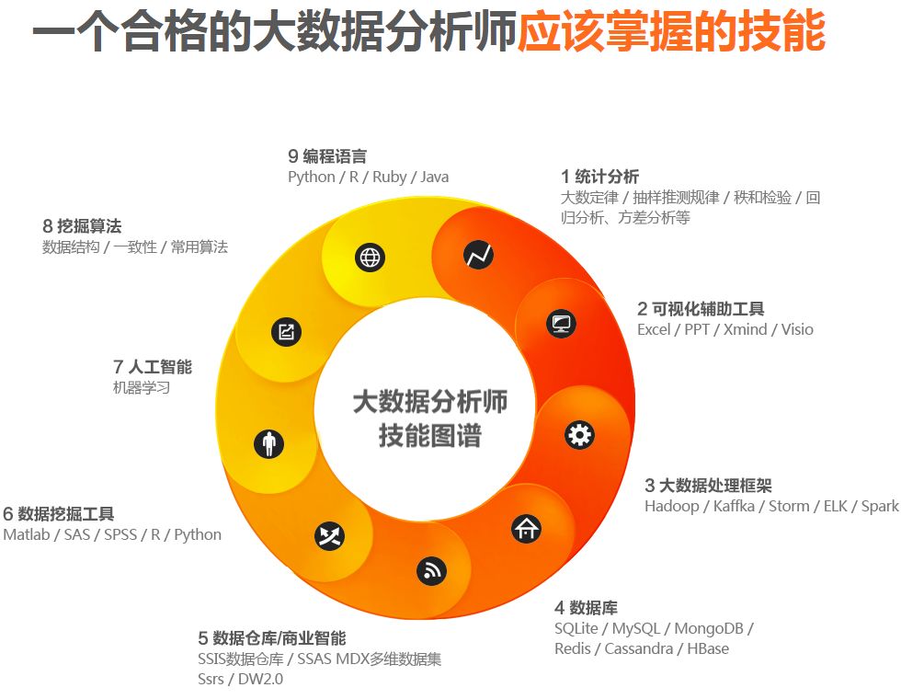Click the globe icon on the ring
[x=370, y=258]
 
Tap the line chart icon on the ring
[x=478, y=255]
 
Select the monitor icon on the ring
[x=560, y=323]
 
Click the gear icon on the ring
[x=579, y=434]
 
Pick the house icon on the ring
[x=526, y=528]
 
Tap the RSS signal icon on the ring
[x=431, y=571]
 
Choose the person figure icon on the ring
[x=268, y=444]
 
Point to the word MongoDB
[x=709, y=628]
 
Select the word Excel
[x=654, y=329]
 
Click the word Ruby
[x=389, y=177]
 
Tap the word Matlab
[x=26, y=534]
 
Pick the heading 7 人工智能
[x=153, y=367]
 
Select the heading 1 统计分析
[x=599, y=177]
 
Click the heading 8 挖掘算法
[x=82, y=225]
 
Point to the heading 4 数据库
[x=586, y=607]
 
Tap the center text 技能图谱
[x=429, y=435]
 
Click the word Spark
[x=879, y=506]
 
